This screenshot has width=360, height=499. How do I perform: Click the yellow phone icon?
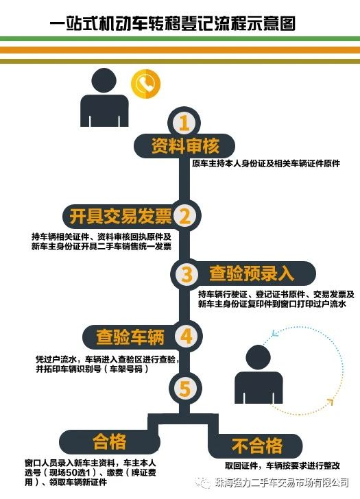tap(145, 84)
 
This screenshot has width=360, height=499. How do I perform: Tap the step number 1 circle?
tap(184, 123)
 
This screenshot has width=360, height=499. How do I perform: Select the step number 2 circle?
tap(184, 216)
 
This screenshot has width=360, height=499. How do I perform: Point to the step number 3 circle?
tap(187, 274)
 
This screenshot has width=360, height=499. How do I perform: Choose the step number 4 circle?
tap(186, 336)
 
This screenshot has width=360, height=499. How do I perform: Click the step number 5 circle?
tap(185, 389)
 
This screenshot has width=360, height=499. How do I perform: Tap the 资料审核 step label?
tap(185, 146)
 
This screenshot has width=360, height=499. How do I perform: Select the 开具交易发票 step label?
tap(121, 217)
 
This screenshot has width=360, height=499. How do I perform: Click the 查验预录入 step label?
tap(251, 273)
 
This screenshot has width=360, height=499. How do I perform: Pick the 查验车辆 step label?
tap(130, 337)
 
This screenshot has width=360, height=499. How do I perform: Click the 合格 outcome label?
tap(109, 441)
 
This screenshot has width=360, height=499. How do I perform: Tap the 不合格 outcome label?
tap(257, 446)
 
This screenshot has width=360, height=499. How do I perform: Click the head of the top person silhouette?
tap(104, 80)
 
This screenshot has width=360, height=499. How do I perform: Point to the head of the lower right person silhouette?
tap(259, 357)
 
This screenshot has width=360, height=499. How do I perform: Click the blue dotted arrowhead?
tap(274, 333)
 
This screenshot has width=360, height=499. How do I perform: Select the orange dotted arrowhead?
tap(330, 402)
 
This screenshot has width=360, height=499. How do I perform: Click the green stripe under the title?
tap(180, 39)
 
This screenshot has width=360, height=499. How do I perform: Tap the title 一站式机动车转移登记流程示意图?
tap(173, 23)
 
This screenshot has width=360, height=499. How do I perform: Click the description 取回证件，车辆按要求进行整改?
tap(283, 466)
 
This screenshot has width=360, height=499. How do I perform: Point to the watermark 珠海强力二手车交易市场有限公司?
tap(282, 483)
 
